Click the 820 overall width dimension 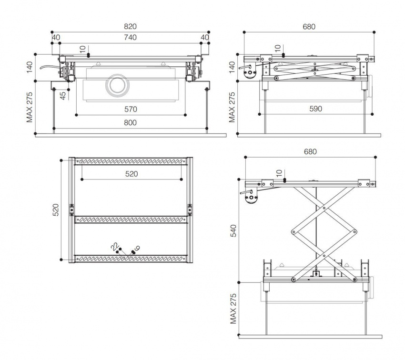coord(131,27)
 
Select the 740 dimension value coord(131,37)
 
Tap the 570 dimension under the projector coord(131,109)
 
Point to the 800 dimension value coord(131,122)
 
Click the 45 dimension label coord(63,95)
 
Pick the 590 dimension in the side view coord(315,109)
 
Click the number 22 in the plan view coord(114,246)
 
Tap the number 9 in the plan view coord(137,247)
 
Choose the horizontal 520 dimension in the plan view coord(132,174)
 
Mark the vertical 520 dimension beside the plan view coord(55,209)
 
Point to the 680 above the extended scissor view coord(310,151)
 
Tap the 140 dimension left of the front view coord(30,69)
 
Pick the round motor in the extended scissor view coord(251,199)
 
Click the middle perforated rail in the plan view coord(131,220)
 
